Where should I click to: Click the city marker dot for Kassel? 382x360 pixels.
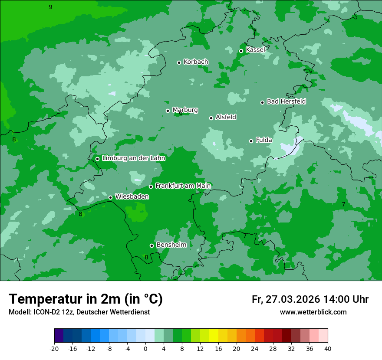(x=241, y=51)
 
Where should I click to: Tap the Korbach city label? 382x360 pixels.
(x=196, y=62)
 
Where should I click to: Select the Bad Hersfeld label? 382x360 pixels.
(x=286, y=101)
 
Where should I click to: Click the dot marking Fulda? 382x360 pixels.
(x=251, y=141)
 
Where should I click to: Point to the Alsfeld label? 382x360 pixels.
(x=226, y=117)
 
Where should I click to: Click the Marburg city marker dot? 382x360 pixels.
(x=168, y=111)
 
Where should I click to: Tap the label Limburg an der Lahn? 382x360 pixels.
(x=133, y=158)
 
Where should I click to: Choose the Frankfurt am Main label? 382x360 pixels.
(x=183, y=186)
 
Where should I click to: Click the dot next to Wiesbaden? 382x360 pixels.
(x=110, y=197)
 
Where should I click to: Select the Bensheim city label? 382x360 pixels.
(x=171, y=245)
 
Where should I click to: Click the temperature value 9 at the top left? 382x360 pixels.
(x=50, y=7)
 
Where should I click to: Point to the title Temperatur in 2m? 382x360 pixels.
(x=86, y=299)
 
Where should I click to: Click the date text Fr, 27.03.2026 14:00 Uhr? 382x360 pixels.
(x=310, y=299)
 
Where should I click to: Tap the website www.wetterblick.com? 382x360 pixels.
(x=313, y=312)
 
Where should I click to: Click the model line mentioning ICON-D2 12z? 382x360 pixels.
(x=79, y=312)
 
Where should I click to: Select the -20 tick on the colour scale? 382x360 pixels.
(x=54, y=348)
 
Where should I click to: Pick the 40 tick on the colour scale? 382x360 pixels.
(x=328, y=348)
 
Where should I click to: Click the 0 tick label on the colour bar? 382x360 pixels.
(x=145, y=348)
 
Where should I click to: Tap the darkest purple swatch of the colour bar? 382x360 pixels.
(x=59, y=336)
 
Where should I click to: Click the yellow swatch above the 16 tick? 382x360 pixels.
(x=214, y=336)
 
